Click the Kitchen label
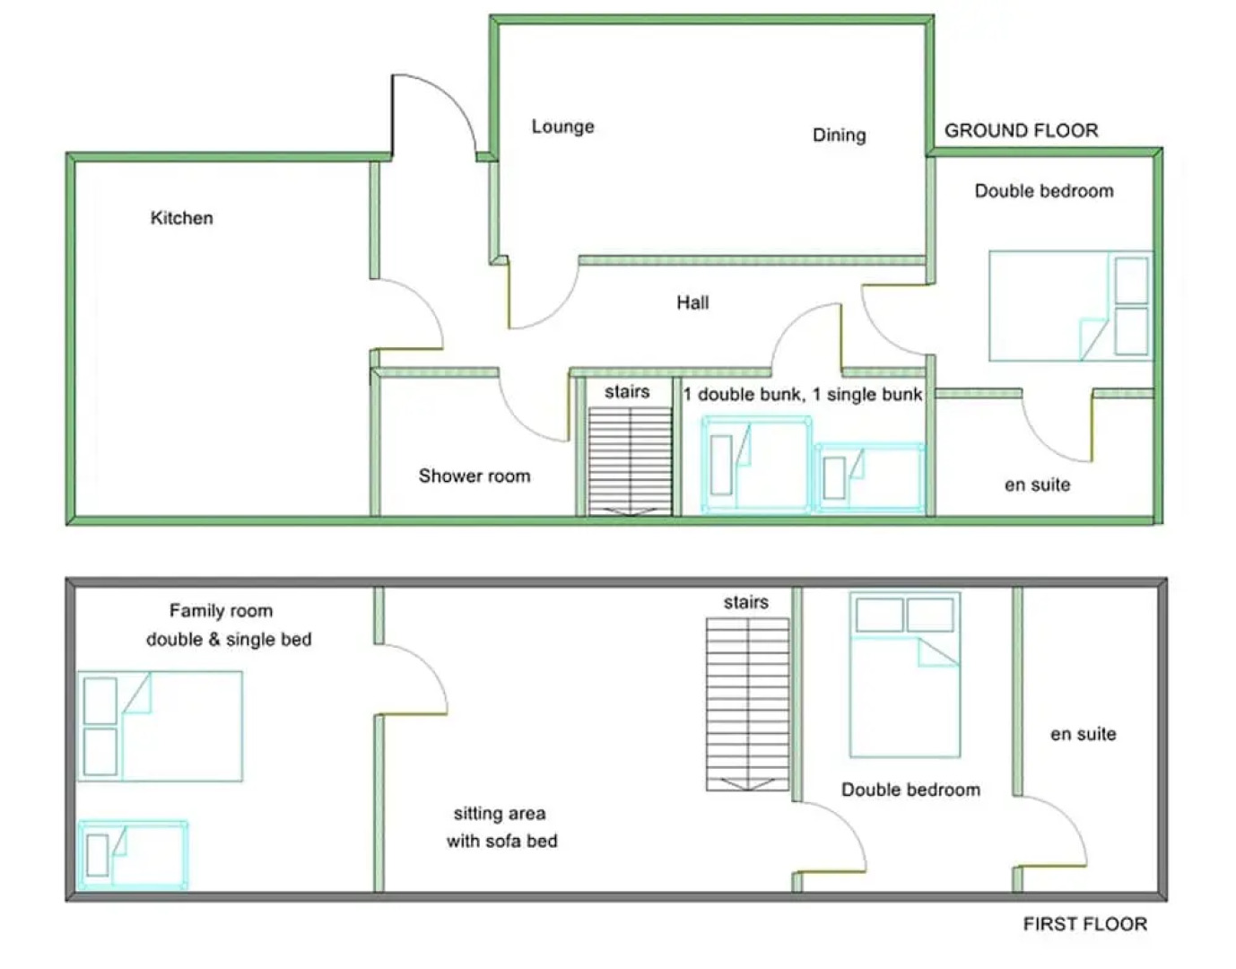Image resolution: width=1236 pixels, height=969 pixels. pos(181,218)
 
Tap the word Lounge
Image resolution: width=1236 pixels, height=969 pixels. pos(562,127)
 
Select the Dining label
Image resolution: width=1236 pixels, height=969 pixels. pos(839,135)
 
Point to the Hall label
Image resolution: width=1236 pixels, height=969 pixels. pos(692,302)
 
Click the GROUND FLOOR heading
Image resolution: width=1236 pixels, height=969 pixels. pos(1021,131)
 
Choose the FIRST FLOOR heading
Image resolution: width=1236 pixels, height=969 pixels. pos(1084,924)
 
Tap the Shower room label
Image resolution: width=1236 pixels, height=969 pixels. pos(474,476)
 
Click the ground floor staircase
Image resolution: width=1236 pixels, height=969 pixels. pos(630,461)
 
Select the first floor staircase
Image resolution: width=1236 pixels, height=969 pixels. pos(747,704)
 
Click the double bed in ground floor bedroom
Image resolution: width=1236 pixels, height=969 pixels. pos(1071,306)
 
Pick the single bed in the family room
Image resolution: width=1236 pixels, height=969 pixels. pos(133,855)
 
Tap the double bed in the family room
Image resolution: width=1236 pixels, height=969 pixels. pos(160,727)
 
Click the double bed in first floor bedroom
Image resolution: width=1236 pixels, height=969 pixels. pos(905,675)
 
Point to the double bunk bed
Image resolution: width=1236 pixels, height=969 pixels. pos(756,465)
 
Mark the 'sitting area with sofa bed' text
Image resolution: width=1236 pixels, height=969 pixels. pos(501,827)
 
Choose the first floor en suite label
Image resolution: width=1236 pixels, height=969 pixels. pos(1083,734)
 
